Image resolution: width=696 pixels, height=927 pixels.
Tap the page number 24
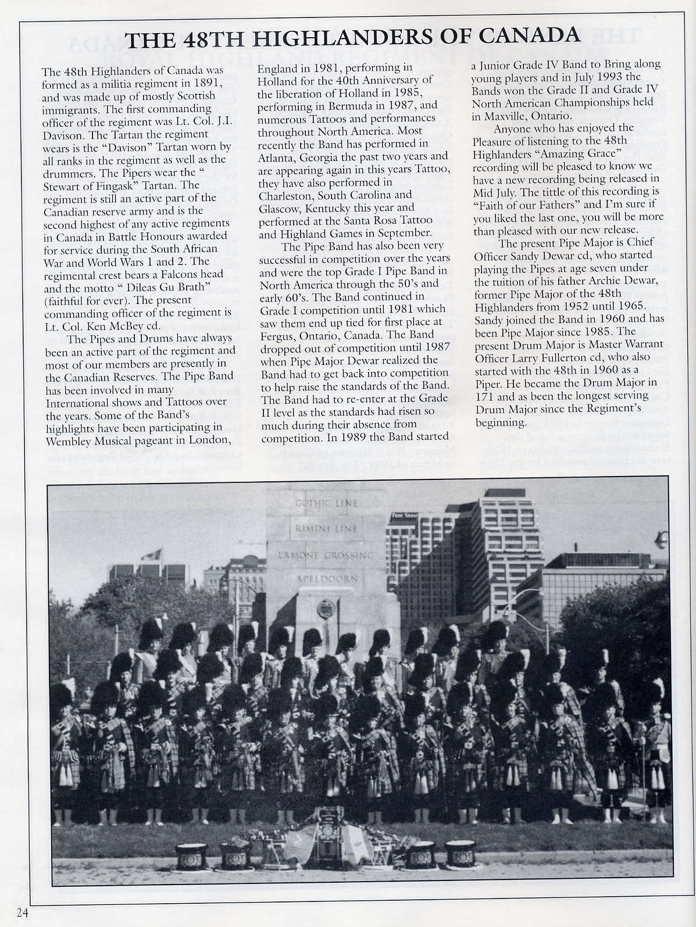23,912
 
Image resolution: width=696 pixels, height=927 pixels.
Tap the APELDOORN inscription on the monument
327,580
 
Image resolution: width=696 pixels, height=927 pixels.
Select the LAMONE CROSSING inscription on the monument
327,554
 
